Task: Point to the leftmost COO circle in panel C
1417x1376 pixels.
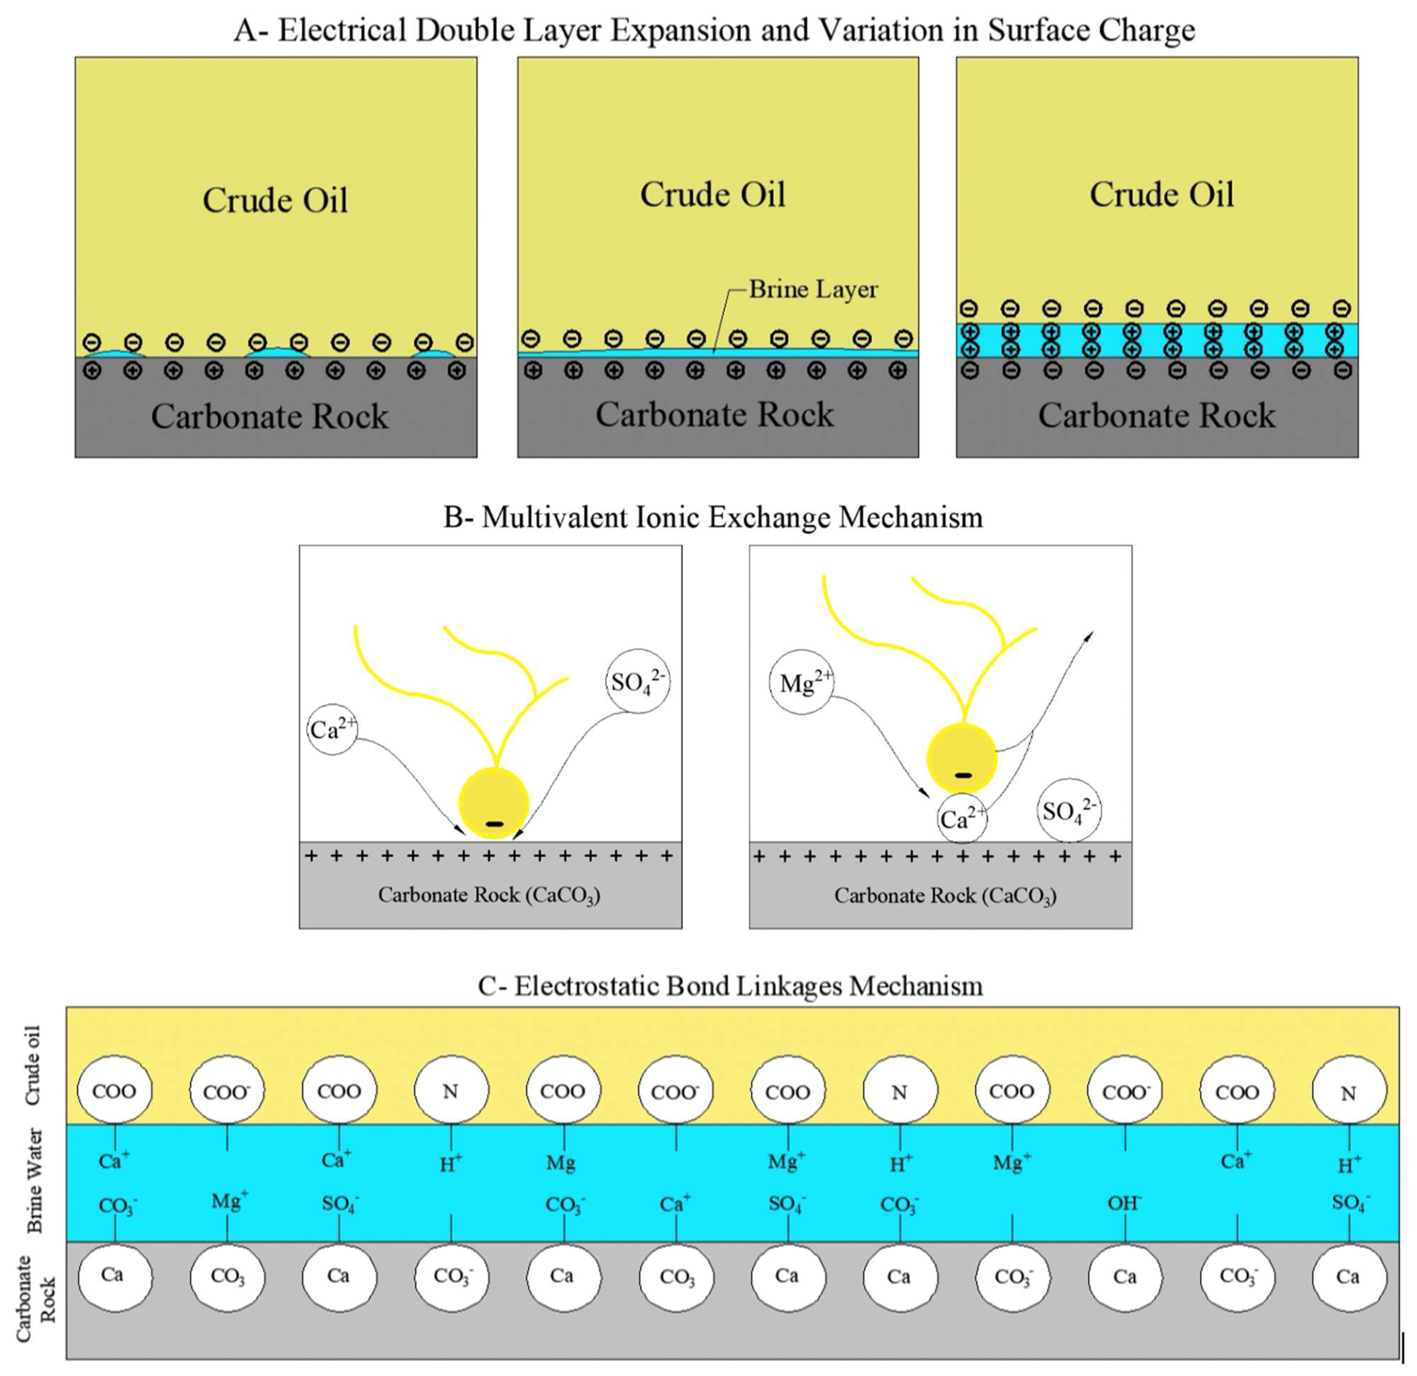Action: click(x=114, y=1091)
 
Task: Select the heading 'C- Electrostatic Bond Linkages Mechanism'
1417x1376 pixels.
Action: click(x=730, y=986)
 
